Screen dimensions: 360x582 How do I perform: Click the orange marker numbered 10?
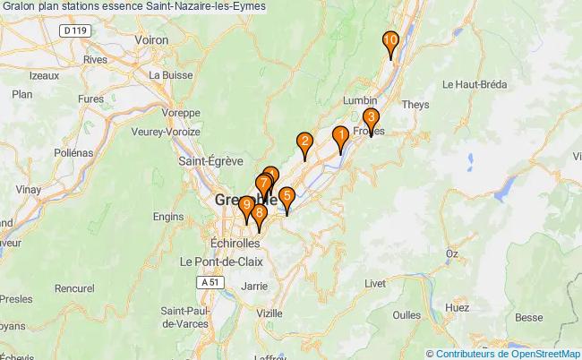pyautogui.click(x=390, y=41)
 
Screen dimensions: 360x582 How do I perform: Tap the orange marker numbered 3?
pyautogui.click(x=371, y=118)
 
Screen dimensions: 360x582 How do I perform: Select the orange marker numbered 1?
pyautogui.click(x=340, y=136)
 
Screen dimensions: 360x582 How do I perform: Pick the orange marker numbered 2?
pyautogui.click(x=304, y=141)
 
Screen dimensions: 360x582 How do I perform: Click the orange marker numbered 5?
pyautogui.click(x=287, y=196)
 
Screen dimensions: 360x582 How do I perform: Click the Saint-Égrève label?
pyautogui.click(x=210, y=162)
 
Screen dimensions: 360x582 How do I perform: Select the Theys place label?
pyautogui.click(x=416, y=104)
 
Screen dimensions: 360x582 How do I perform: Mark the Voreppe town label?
pyautogui.click(x=182, y=114)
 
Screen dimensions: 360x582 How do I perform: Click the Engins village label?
pyautogui.click(x=168, y=216)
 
